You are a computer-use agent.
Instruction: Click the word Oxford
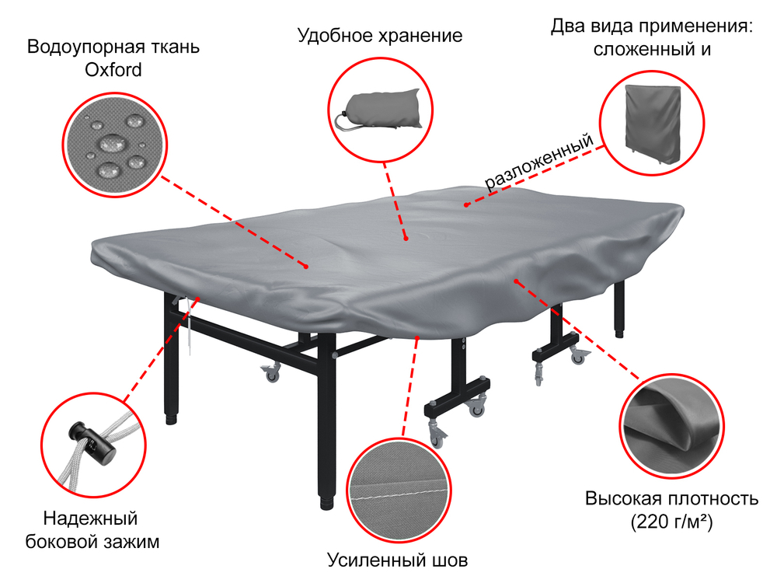tap(113, 70)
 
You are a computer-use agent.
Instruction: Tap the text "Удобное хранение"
tap(380, 36)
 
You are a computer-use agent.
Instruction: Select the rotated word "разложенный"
tap(539, 162)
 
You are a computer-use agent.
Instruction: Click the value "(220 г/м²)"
tap(671, 522)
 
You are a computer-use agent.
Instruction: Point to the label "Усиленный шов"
tap(398, 560)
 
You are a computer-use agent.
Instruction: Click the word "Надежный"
tap(90, 518)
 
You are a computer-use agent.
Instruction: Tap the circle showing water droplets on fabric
tap(114, 145)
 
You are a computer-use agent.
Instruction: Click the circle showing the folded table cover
tap(653, 121)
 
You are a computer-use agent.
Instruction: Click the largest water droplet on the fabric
tap(112, 143)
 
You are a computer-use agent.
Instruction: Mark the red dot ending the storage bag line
tap(406, 239)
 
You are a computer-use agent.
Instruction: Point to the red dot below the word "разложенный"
tap(466, 205)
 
